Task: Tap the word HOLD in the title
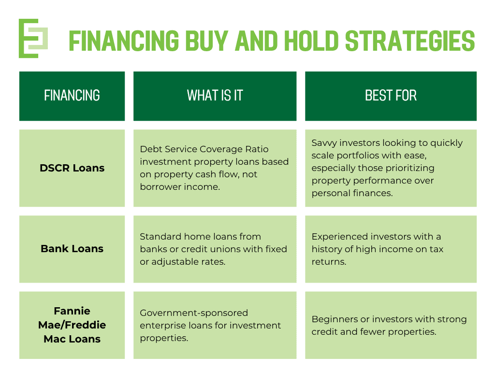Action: coord(311,41)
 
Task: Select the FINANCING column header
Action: coord(72,96)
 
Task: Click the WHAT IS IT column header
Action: coord(215,96)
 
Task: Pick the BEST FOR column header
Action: coord(391,96)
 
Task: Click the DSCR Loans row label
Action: coord(72,168)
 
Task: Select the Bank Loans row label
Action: coord(72,249)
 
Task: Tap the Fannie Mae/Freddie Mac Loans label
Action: coord(72,325)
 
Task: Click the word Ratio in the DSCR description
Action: coord(257,149)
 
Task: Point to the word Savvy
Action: coord(324,143)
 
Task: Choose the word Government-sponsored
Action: coord(194,313)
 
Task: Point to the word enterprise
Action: coord(162,326)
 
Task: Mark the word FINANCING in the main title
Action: coord(124,41)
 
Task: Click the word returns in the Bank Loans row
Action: coord(329,262)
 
